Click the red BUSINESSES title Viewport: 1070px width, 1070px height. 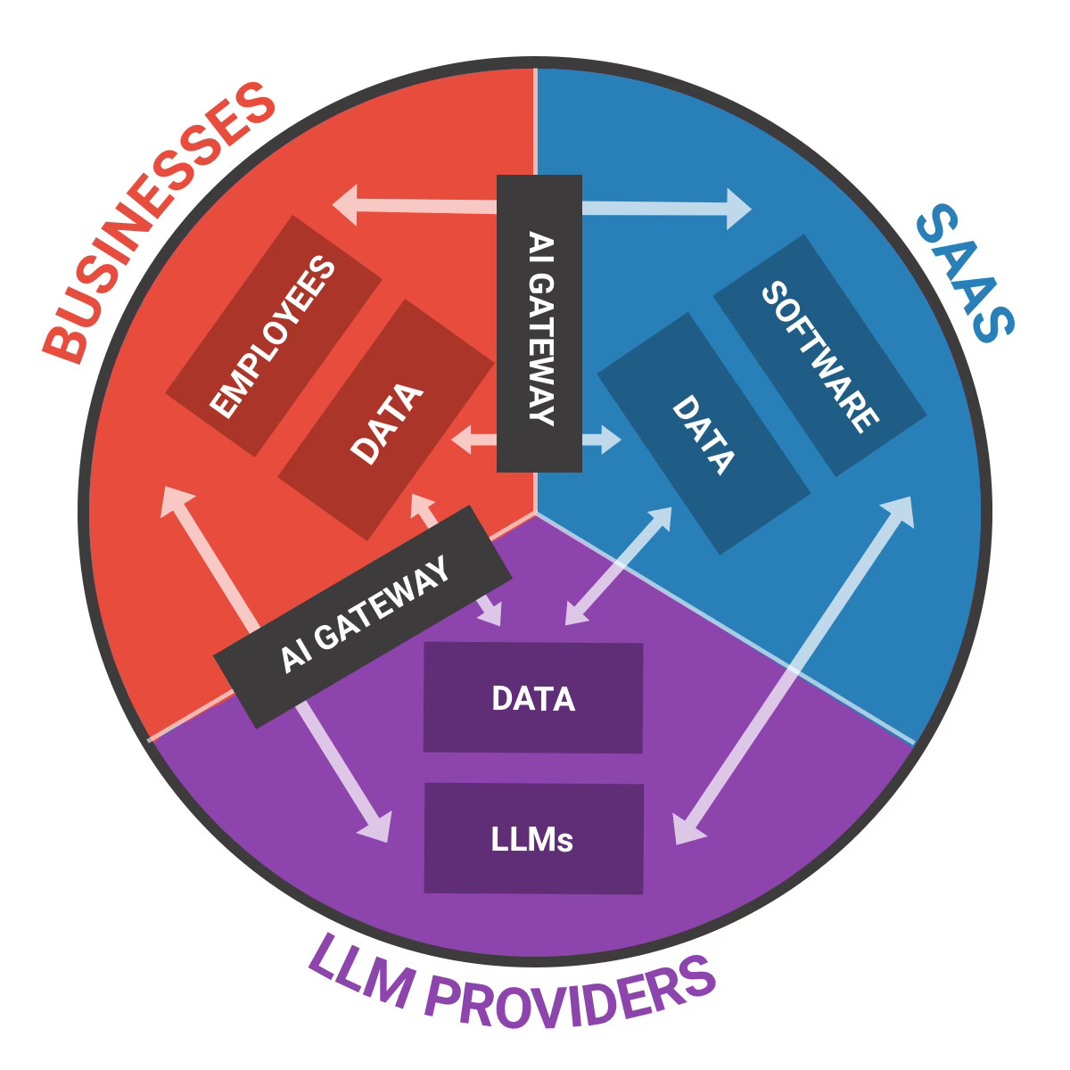(x=160, y=223)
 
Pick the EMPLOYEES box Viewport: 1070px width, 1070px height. (x=275, y=337)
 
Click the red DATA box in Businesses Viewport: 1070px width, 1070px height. (x=386, y=420)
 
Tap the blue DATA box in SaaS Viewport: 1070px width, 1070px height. (x=703, y=433)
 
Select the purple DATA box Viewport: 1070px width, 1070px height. (x=533, y=698)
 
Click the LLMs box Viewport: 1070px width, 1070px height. (x=533, y=838)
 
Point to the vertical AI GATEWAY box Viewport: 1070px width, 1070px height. (x=539, y=324)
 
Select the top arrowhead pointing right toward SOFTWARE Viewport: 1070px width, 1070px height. (x=739, y=209)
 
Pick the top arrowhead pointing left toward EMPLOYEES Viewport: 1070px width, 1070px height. (x=346, y=204)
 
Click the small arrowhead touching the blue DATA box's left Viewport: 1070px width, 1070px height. (x=610, y=440)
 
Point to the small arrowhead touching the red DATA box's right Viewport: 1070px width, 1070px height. (x=462, y=439)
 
